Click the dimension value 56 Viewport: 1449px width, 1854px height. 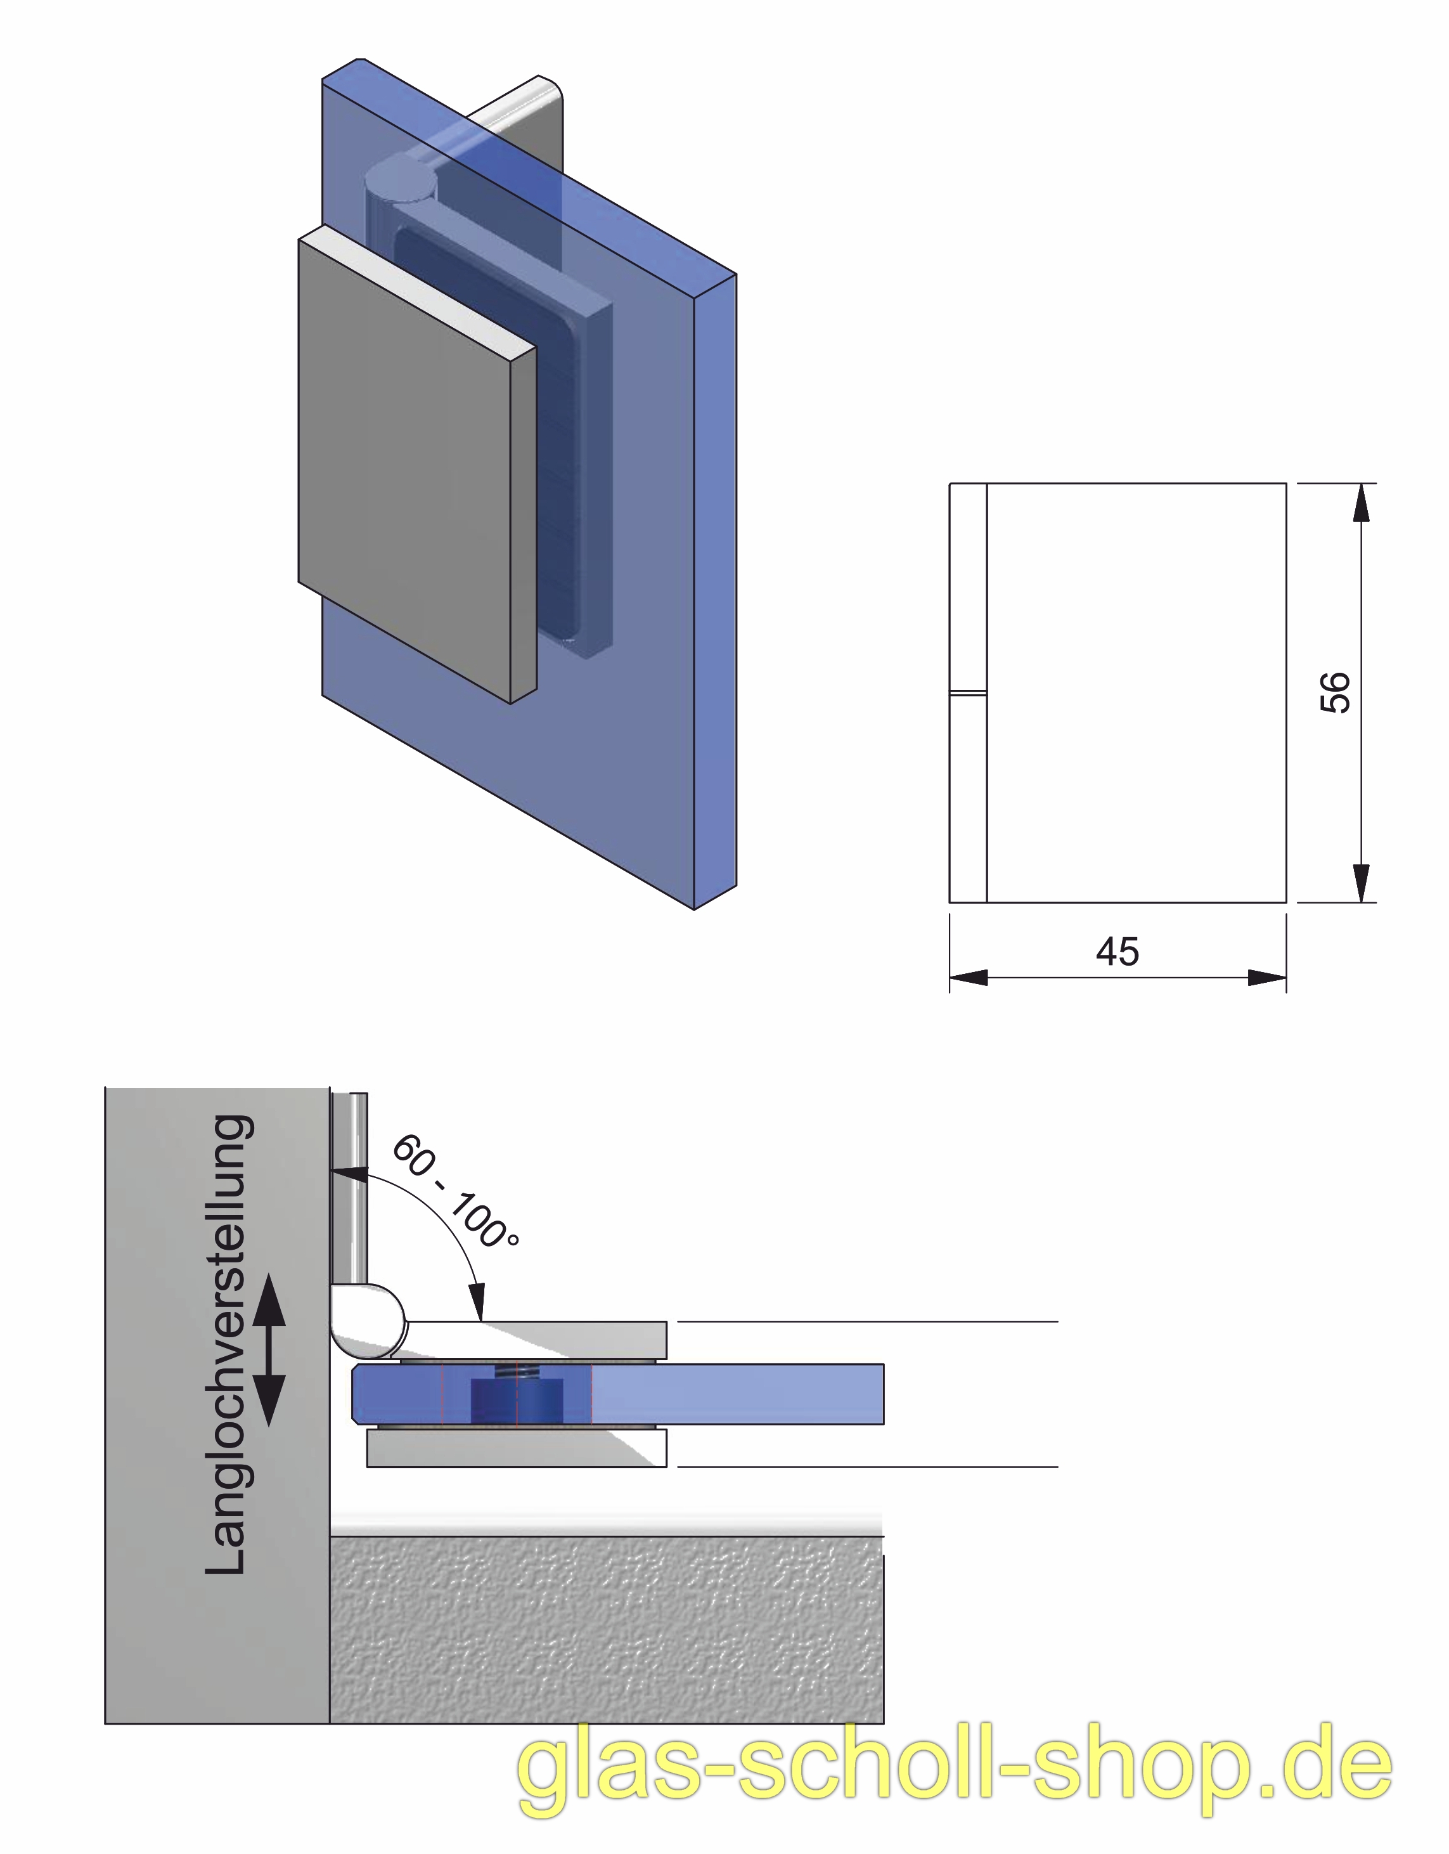(1336, 692)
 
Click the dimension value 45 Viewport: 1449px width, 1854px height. (1117, 952)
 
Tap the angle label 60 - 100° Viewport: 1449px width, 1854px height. (454, 1191)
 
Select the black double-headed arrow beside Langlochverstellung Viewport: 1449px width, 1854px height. (268, 1350)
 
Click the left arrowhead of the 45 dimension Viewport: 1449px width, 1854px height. (968, 978)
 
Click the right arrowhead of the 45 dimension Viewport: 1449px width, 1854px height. (1267, 978)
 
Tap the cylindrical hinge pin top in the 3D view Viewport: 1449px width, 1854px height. (399, 183)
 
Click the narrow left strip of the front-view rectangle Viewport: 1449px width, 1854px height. (968, 692)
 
